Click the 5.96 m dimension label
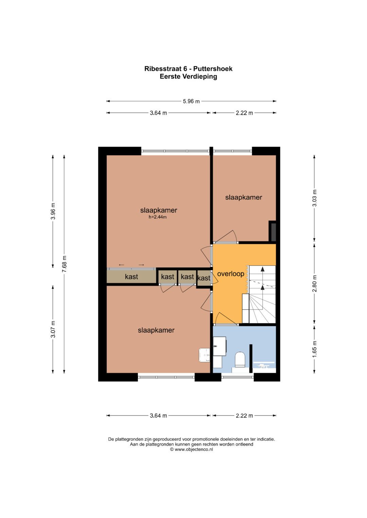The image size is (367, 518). click(x=191, y=101)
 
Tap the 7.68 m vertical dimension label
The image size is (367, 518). click(x=64, y=264)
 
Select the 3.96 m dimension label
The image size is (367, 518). click(x=53, y=211)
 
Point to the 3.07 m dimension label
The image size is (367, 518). click(x=53, y=329)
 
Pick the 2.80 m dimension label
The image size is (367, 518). click(x=314, y=284)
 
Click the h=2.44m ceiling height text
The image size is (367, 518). click(x=158, y=217)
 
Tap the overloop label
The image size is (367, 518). click(x=230, y=274)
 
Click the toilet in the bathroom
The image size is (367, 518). click(x=240, y=359)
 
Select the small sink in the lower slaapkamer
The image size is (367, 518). click(x=205, y=355)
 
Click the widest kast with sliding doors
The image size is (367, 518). click(x=131, y=277)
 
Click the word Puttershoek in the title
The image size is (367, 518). click(x=213, y=69)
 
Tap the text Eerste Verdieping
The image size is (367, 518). click(x=188, y=77)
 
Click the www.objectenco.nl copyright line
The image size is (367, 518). click(x=191, y=449)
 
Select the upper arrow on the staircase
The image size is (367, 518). click(x=262, y=270)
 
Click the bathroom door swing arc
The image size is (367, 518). click(x=224, y=318)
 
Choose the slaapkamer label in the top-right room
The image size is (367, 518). click(x=244, y=197)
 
